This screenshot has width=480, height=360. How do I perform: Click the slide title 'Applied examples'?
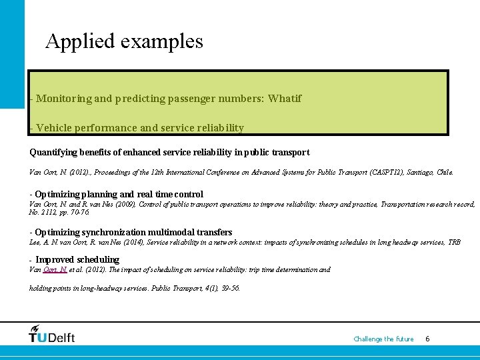coord(124,41)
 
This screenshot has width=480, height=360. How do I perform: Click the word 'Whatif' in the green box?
coord(285,99)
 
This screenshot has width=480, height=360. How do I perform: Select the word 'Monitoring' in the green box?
coord(64,99)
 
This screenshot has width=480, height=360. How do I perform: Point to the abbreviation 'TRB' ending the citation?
coord(454,242)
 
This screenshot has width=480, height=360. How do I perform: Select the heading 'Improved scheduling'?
coord(77,259)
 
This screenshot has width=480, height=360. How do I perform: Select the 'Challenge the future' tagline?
coord(383,339)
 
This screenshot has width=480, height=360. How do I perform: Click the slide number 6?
coord(427,339)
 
